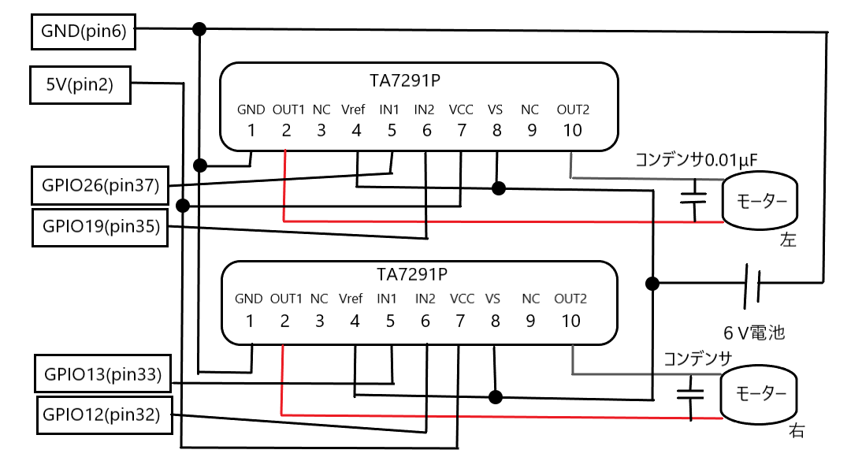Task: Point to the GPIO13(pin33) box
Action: [x=102, y=374]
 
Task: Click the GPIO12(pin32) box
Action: [x=103, y=415]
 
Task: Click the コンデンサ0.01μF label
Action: [x=696, y=161]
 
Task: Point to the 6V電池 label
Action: [x=754, y=332]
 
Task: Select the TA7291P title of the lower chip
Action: [x=412, y=274]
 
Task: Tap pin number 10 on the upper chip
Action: [x=573, y=130]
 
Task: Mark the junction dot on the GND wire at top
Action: [x=199, y=29]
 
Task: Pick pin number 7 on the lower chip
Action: [x=461, y=321]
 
